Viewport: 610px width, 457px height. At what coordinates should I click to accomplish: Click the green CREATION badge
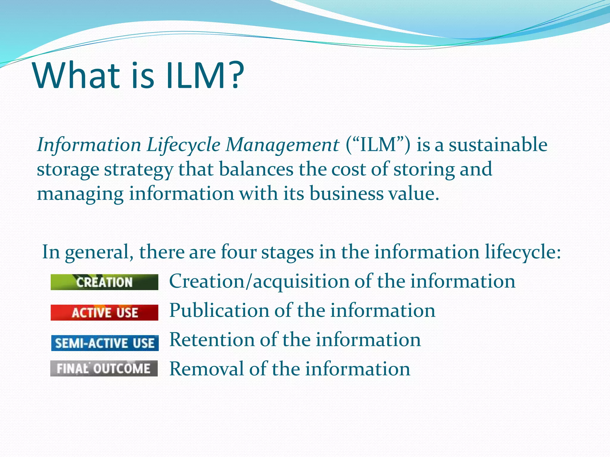104,282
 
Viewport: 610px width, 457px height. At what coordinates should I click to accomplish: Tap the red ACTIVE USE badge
104,312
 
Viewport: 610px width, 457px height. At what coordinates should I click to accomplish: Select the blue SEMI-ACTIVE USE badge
105,343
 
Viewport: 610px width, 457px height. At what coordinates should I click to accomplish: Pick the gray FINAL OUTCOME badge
104,368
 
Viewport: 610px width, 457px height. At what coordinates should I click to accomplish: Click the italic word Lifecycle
183,145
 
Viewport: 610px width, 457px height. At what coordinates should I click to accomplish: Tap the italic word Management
282,145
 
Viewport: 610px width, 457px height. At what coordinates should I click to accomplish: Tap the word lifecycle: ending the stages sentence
523,252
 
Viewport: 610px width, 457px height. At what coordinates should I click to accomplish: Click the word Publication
219,311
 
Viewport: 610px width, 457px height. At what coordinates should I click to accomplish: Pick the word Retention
212,339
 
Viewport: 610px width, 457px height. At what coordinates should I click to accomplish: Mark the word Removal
206,369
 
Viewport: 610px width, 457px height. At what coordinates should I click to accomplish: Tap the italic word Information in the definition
89,145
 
